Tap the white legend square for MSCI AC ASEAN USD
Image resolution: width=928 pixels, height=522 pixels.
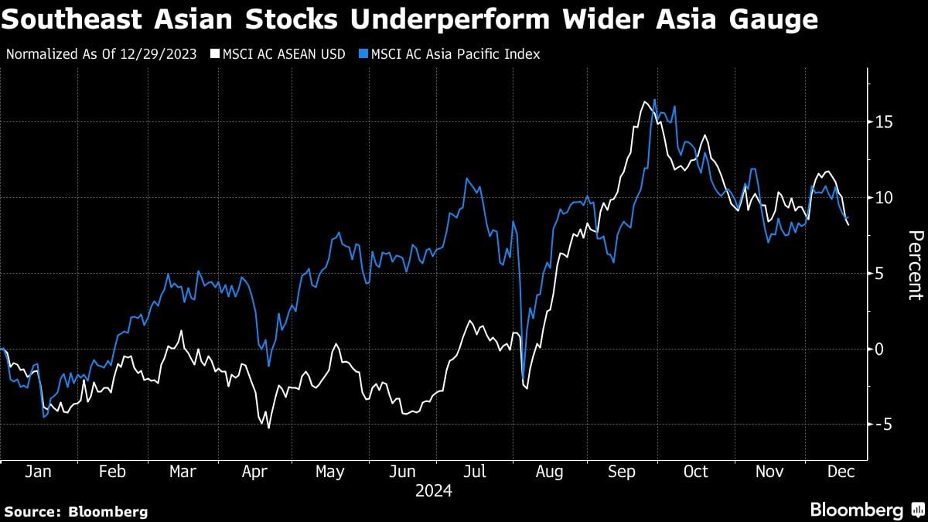[215, 54]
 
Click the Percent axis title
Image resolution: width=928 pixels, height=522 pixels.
[915, 265]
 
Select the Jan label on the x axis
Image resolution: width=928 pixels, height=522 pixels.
[39, 472]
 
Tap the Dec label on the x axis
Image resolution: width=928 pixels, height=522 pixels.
[841, 472]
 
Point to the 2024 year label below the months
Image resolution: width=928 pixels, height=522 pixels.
[434, 491]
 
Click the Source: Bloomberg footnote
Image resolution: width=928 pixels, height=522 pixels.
[77, 511]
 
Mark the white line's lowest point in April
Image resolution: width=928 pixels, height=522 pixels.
[268, 428]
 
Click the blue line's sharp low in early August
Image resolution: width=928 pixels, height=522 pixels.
[524, 380]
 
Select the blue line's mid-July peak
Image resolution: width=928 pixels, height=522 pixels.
[467, 179]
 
